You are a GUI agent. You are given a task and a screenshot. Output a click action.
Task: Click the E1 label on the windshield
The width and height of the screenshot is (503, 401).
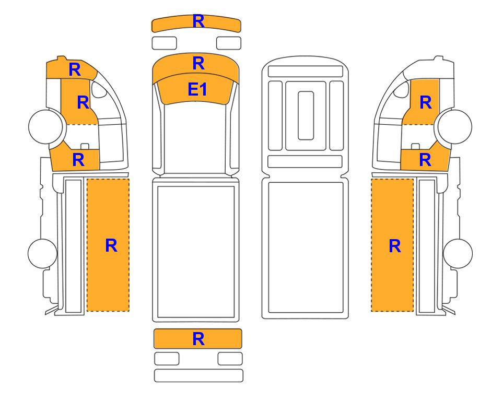tap(197, 89)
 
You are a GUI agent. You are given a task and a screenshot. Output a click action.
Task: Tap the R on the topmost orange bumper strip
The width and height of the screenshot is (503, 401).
tap(198, 21)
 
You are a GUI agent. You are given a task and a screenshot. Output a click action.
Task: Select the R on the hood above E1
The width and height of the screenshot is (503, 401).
tap(198, 63)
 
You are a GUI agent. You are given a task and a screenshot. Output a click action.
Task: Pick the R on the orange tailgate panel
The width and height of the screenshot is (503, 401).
tap(198, 339)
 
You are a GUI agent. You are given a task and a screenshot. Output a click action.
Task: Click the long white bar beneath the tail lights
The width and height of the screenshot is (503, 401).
tap(198, 375)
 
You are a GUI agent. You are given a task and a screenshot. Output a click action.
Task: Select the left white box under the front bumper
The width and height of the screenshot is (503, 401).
tap(164, 43)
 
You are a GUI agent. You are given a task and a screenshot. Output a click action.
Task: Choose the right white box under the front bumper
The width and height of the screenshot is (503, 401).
tap(229, 43)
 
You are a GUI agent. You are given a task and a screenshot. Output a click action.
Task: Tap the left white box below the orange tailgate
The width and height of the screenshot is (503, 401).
tap(167, 359)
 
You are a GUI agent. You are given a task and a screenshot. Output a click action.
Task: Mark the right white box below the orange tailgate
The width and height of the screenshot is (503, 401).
tap(230, 359)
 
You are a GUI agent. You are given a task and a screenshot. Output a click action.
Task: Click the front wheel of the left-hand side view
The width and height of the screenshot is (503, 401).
tap(45, 126)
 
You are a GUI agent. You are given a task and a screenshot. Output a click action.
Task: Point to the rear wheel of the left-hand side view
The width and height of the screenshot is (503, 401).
tap(42, 253)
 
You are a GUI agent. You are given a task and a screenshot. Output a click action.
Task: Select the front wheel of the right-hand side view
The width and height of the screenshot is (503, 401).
tap(455, 126)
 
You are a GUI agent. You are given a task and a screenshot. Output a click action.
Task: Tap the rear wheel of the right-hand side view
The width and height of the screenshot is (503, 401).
tap(458, 253)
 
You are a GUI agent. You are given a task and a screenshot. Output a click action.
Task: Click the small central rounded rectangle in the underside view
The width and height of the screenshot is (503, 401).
tap(306, 115)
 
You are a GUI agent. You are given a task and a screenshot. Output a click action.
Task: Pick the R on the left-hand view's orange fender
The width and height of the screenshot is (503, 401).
tap(78, 160)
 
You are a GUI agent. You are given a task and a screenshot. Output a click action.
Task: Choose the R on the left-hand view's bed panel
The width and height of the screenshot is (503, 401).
tap(111, 246)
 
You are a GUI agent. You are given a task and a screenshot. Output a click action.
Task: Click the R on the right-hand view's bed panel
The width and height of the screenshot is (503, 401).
tap(395, 246)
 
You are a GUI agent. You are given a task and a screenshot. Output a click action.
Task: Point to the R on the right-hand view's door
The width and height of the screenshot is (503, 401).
tap(426, 103)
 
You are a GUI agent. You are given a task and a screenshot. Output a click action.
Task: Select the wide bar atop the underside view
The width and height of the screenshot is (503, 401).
tap(306, 71)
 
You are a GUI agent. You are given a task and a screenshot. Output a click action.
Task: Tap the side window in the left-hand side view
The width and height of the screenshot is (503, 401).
tap(99, 89)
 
